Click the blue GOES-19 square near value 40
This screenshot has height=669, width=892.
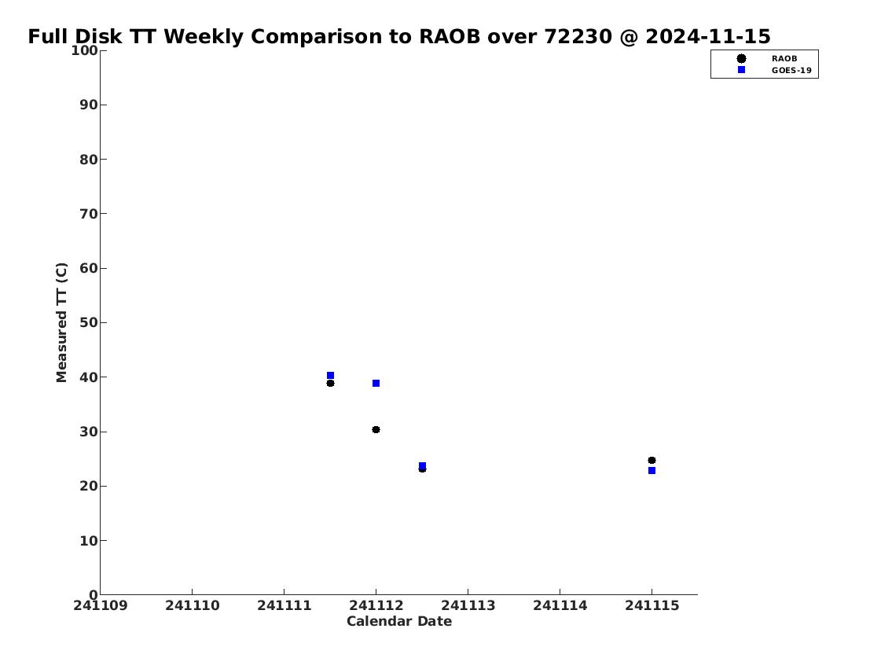(x=331, y=376)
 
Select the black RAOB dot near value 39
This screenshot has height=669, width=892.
(x=331, y=384)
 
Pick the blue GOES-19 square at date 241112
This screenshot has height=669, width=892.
(x=376, y=384)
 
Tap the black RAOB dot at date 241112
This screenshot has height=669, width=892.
(x=376, y=429)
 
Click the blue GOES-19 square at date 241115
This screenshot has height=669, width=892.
(x=652, y=470)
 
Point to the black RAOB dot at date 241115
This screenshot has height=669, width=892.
(x=652, y=460)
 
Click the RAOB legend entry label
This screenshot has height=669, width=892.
(x=784, y=59)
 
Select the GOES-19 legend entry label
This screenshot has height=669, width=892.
(x=791, y=71)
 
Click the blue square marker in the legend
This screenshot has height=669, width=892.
(x=741, y=69)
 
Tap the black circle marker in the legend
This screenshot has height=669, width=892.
(x=741, y=59)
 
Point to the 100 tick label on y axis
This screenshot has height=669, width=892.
(x=84, y=50)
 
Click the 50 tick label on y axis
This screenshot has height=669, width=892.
(x=89, y=322)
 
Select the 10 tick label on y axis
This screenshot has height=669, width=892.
(x=89, y=540)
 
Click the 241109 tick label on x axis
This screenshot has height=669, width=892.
(x=101, y=605)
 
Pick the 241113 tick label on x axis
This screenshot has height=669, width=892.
(x=468, y=605)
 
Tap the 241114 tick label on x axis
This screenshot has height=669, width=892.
(x=560, y=605)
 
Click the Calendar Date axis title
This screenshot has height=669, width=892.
(x=399, y=621)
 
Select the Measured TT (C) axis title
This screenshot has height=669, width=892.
(x=61, y=322)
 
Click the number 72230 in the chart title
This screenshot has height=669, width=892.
(x=578, y=36)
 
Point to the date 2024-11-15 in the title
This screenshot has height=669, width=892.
(x=708, y=36)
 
